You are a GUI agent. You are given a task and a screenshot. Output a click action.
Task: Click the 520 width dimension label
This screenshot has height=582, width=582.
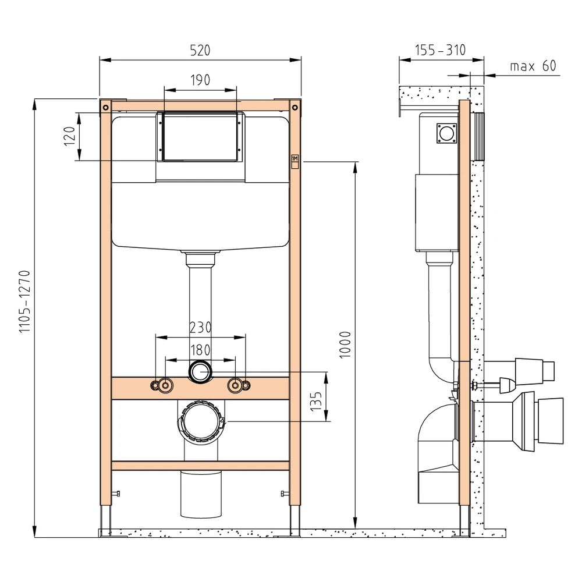[x=200, y=50]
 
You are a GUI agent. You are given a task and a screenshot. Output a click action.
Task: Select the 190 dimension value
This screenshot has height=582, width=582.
[x=200, y=80]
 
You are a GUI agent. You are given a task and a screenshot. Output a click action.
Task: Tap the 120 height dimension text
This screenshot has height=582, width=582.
[x=69, y=136]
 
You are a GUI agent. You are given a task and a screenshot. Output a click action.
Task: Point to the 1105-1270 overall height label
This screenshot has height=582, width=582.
[x=24, y=301]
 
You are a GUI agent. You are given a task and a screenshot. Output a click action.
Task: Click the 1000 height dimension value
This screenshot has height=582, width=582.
[x=345, y=345]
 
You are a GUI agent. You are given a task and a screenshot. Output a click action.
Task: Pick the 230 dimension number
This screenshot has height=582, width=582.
[x=200, y=327]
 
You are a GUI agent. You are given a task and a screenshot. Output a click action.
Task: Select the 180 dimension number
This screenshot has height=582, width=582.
[x=200, y=350]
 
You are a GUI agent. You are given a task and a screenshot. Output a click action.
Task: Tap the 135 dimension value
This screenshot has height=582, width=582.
[x=316, y=401]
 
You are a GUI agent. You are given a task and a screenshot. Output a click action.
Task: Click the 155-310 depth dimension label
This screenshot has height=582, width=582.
[x=440, y=50]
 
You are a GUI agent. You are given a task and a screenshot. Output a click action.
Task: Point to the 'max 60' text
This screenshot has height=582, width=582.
[x=533, y=66]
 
